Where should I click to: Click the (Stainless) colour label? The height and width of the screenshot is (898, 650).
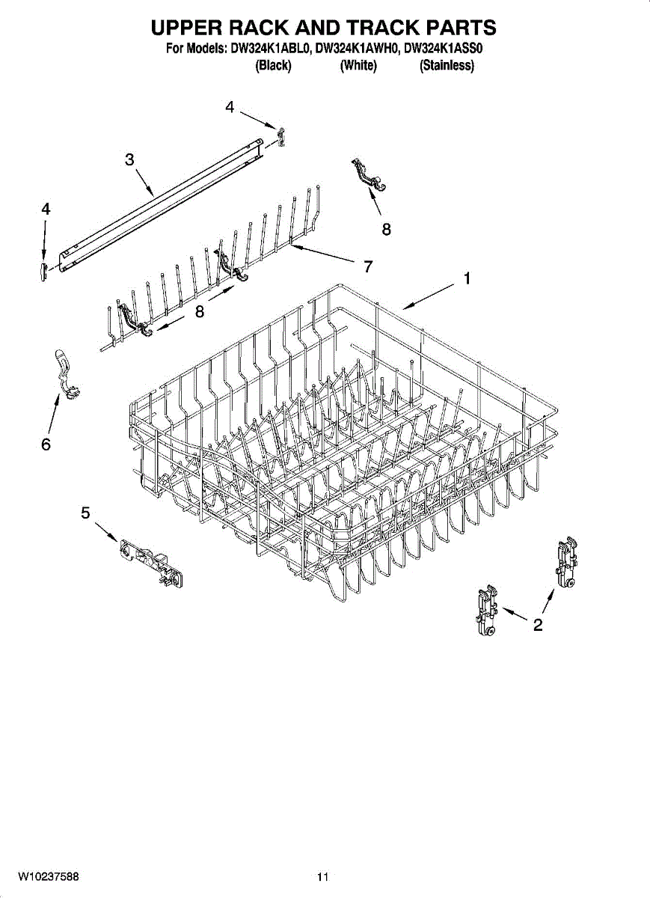tap(447, 66)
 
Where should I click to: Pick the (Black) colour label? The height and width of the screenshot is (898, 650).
tap(273, 66)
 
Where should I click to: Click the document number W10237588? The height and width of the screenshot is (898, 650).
tap(49, 876)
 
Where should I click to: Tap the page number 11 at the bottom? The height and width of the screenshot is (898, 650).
tap(322, 876)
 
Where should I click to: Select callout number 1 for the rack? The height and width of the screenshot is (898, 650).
tap(466, 279)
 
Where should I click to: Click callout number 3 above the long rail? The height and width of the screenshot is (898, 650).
tap(129, 159)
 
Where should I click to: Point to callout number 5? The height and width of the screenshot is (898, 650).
tap(85, 513)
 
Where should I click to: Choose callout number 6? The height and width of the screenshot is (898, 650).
tap(46, 445)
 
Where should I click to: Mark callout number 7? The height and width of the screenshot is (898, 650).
tap(368, 266)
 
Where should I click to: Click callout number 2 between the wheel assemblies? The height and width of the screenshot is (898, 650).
tap(537, 626)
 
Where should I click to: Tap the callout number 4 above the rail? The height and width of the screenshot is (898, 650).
tap(230, 108)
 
